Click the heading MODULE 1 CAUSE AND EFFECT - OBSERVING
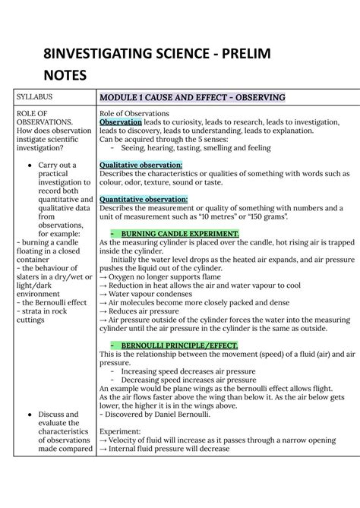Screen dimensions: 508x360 click(192, 98)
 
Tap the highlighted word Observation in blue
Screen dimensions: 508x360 click(121, 121)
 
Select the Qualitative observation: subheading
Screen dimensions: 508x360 click(141, 165)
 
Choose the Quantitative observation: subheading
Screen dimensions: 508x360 click(144, 200)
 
